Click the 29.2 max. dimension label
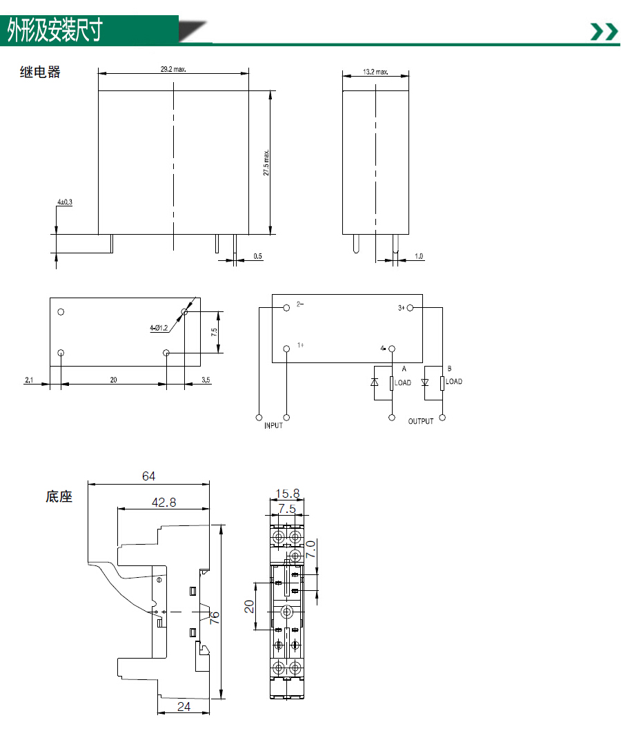tap(173, 69)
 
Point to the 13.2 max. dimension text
tap(375, 72)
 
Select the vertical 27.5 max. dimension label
tap(266, 163)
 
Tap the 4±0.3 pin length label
tap(65, 202)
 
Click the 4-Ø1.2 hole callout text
tap(159, 328)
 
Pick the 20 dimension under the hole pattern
tap(113, 380)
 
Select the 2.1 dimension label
tap(29, 380)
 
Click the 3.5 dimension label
tap(206, 380)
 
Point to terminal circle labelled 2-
tap(286, 308)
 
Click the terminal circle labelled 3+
tap(410, 308)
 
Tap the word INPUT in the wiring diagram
tap(273, 425)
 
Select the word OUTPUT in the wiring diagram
tap(421, 421)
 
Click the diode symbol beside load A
tap(375, 382)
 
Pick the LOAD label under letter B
tap(454, 381)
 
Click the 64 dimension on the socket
tap(149, 476)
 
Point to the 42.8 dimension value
tap(164, 502)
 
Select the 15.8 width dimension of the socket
tap(287, 494)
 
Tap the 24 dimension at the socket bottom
tap(184, 707)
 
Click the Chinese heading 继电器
tap(40, 72)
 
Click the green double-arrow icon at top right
tap(604, 32)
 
